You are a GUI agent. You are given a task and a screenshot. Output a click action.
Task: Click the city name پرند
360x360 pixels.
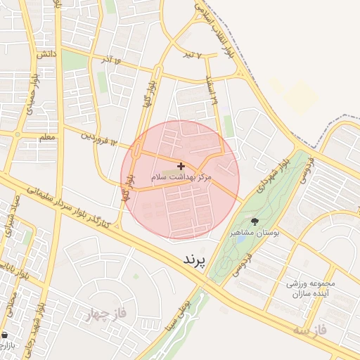coord(194,260)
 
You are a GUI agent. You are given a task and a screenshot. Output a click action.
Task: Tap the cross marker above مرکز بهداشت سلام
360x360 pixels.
coord(181,166)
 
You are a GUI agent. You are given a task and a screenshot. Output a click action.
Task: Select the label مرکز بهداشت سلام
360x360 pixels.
coord(181,179)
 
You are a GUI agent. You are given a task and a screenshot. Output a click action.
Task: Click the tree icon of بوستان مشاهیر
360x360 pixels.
coord(255,221)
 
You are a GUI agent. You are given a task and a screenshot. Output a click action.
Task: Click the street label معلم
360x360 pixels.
coord(47,136)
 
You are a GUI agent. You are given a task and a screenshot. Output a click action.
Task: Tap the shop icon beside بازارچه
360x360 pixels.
coord(6,335)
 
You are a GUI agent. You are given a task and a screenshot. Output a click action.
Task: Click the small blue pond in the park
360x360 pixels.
coord(241,238)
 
